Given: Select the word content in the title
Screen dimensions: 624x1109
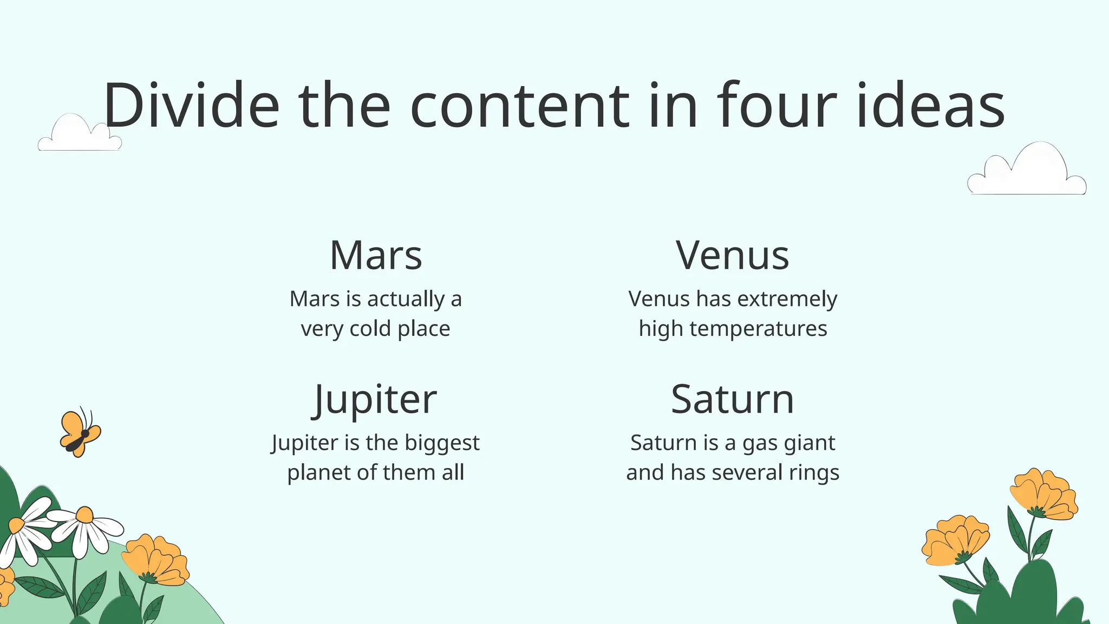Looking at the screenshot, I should coord(520,105).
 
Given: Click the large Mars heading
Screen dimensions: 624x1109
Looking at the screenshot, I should coord(376,255).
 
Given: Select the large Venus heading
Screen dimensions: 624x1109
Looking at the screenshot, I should coord(733,255).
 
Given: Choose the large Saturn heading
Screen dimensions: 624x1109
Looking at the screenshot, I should coord(733,400).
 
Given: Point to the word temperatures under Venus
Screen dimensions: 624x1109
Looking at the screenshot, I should coord(758,329).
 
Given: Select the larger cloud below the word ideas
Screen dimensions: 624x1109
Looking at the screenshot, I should coord(1027,171).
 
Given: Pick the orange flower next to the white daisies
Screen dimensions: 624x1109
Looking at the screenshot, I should coord(156,559).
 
